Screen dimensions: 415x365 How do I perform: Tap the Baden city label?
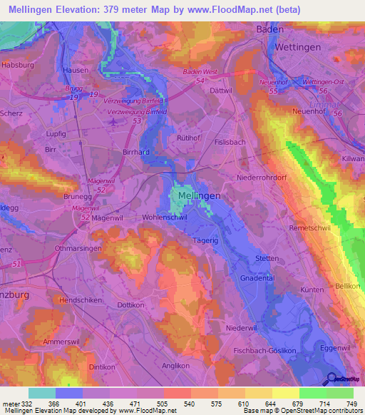pos(270,29)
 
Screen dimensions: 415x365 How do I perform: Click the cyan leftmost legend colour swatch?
pos(41,393)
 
